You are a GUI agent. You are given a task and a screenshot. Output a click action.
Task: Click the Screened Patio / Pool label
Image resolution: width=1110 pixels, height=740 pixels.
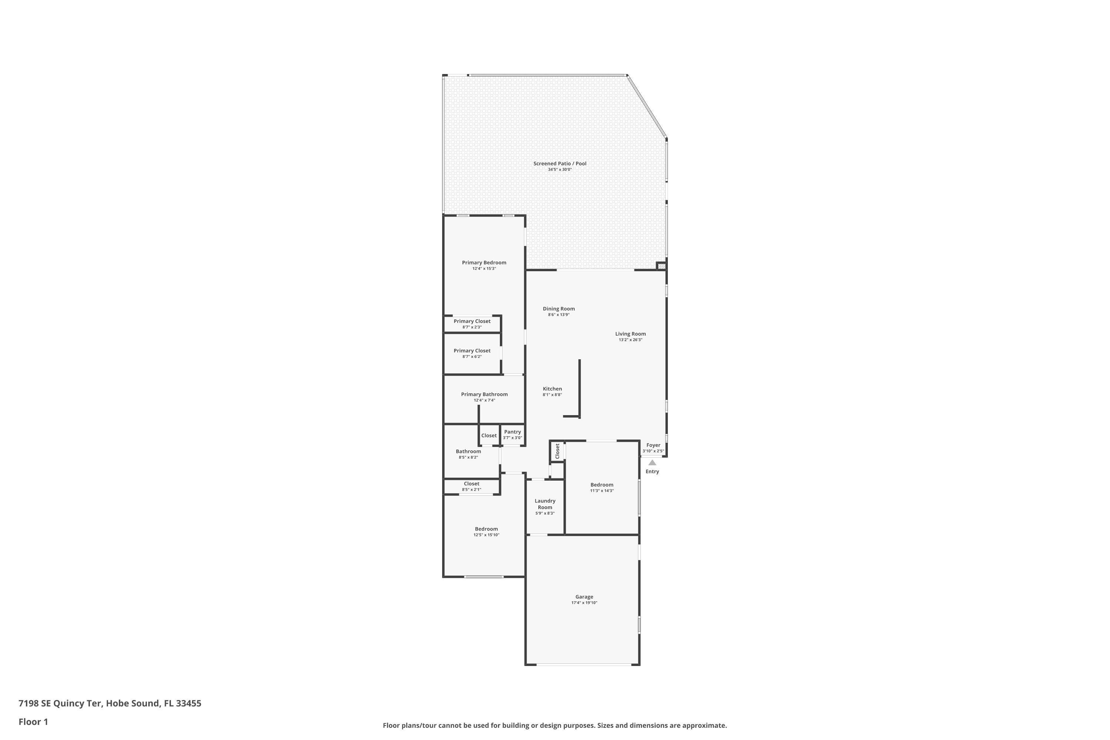(560, 163)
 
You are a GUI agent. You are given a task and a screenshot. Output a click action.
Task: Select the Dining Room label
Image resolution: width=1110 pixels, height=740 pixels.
(559, 309)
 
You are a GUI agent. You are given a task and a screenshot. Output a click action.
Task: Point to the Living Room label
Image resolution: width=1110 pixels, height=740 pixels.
(630, 334)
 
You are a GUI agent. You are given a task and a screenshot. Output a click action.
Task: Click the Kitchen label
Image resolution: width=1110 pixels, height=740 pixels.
(552, 389)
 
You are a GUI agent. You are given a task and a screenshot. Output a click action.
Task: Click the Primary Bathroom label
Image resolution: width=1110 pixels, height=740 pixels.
(484, 394)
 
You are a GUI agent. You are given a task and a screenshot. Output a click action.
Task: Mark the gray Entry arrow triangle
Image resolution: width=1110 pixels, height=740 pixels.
(652, 462)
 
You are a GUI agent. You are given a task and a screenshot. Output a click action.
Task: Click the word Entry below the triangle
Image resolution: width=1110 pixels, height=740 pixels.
(652, 471)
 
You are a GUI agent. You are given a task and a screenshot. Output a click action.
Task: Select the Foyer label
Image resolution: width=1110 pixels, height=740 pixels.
(653, 445)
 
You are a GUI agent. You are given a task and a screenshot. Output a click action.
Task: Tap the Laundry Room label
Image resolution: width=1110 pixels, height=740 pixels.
(545, 504)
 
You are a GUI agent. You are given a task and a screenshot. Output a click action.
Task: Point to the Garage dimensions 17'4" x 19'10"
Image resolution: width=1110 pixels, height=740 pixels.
(584, 603)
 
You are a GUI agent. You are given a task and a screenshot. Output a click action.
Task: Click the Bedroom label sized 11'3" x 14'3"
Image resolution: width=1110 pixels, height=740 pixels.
(602, 485)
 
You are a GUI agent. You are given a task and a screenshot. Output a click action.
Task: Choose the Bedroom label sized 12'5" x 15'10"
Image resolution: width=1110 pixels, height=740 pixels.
(486, 529)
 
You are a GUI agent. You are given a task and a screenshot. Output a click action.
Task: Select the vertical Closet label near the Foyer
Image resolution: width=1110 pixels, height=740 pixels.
(557, 451)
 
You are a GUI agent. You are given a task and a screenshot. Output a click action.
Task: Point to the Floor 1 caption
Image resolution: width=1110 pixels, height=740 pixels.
(33, 721)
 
